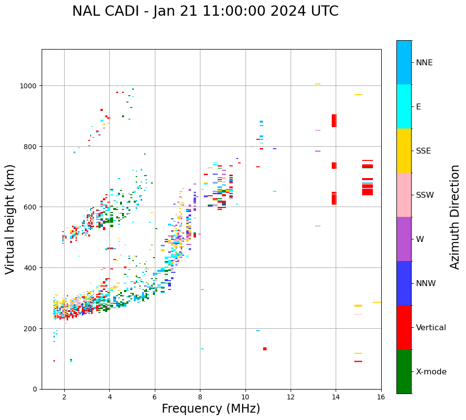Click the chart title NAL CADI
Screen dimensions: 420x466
(205, 11)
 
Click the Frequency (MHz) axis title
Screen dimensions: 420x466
(211, 409)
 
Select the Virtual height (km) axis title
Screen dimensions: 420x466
(10, 219)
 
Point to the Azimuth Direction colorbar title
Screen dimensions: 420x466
(455, 217)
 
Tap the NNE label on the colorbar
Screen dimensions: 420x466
(424, 62)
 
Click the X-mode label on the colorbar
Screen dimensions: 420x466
(431, 372)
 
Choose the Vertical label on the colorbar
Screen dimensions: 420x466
(431, 328)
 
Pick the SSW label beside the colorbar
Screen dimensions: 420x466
(425, 195)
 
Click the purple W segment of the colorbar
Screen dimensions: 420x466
(404, 239)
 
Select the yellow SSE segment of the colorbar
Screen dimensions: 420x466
(404, 151)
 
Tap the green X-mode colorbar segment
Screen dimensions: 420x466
(404, 371)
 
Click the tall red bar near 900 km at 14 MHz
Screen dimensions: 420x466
(334, 121)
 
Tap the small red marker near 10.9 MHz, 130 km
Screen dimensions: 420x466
(265, 349)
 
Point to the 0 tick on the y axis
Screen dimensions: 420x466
(35, 389)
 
